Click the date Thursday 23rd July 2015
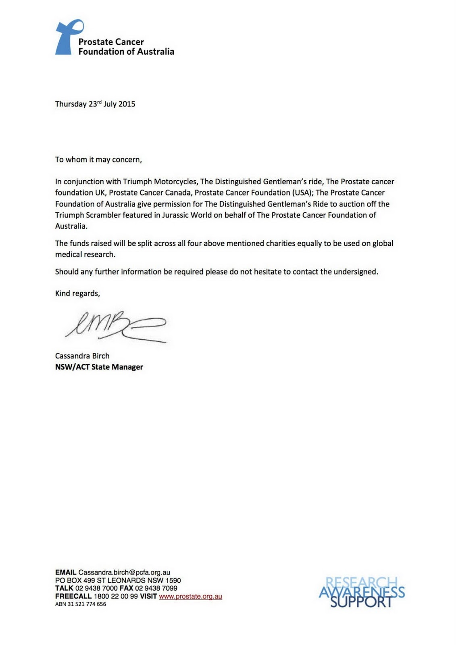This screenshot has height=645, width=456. point(95,104)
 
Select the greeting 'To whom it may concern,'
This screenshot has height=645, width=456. point(98,160)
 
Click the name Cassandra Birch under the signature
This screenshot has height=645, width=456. point(82,356)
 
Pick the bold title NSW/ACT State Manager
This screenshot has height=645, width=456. point(99,367)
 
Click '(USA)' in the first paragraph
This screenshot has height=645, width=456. point(302,193)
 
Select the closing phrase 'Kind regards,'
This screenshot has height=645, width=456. point(77,293)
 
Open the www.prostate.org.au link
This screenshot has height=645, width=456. point(190,596)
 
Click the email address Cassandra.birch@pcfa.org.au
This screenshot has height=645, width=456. point(124,572)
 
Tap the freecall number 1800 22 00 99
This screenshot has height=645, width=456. point(116,596)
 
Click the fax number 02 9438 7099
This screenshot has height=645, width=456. point(156,588)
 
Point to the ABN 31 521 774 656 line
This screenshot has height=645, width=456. point(81,604)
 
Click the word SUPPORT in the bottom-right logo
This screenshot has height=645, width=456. point(361,602)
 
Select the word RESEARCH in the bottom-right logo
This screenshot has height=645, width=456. point(361,583)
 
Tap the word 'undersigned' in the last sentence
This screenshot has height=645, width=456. point(355,272)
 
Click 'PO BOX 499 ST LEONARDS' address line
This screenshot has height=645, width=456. point(118,580)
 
